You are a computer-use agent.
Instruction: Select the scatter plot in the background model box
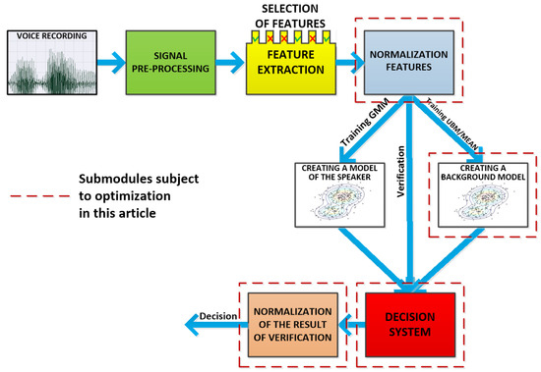pos(478,208)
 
